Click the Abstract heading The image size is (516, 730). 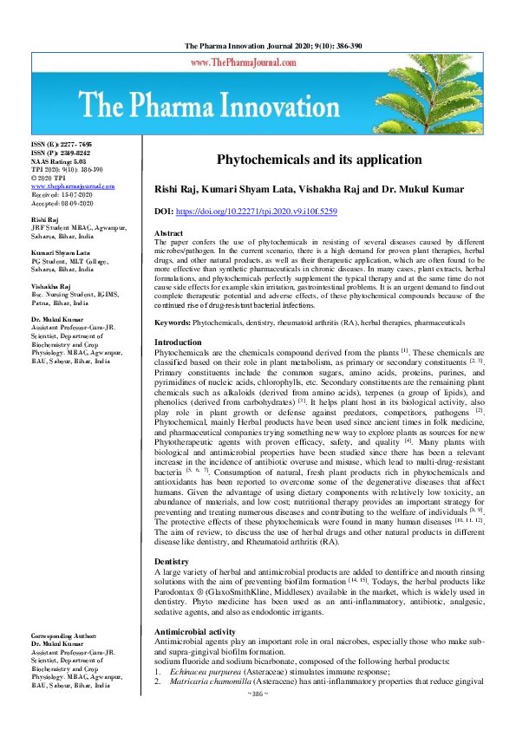tap(168, 234)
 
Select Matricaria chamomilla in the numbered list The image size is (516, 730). tap(207, 706)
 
